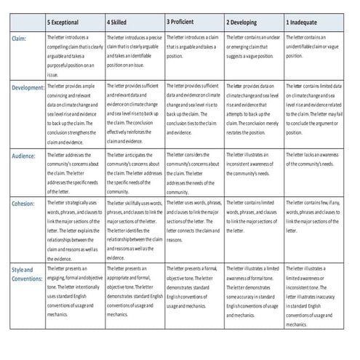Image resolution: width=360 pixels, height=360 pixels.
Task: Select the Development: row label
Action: click(28, 88)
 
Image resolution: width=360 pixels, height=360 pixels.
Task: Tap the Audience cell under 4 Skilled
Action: click(135, 169)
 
